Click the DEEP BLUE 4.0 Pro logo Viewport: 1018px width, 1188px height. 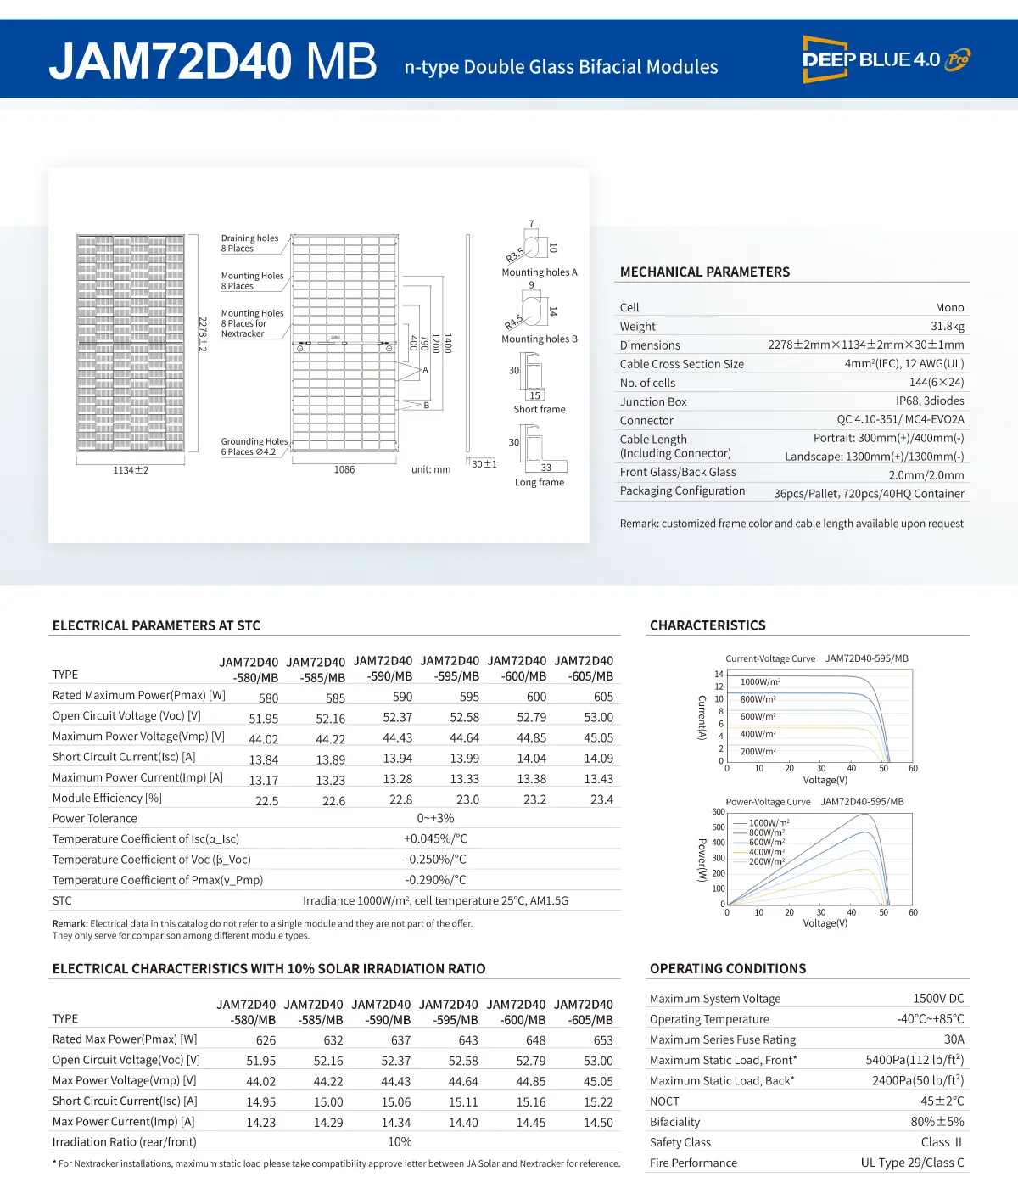[886, 59]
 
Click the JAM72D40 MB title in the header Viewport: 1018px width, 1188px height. [213, 62]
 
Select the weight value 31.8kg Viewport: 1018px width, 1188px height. [947, 326]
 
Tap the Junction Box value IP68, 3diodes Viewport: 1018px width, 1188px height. [930, 401]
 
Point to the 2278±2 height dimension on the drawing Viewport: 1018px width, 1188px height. [203, 333]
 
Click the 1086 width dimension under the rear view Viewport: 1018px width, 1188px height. [344, 469]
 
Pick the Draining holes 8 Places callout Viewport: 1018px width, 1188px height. [249, 244]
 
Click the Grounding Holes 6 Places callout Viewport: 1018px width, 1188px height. [254, 446]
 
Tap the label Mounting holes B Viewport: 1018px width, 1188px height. [539, 339]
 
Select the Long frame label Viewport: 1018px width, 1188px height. [539, 482]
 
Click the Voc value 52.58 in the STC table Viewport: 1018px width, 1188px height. [464, 717]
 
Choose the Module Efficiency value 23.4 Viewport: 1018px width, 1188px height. [601, 799]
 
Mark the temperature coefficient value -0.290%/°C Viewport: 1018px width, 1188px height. [435, 880]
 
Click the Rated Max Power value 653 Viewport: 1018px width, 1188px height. [602, 1040]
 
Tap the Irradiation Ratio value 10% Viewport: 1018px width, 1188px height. [400, 1142]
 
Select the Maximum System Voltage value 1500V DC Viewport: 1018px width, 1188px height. [938, 999]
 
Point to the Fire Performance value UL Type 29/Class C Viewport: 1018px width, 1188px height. [912, 1163]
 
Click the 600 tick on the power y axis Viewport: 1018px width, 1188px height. [718, 812]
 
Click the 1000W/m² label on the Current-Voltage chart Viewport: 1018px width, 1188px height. [760, 681]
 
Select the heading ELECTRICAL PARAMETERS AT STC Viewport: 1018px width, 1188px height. [156, 625]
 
